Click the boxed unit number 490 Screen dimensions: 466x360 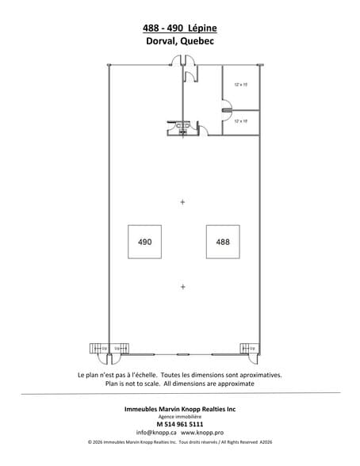click(x=144, y=241)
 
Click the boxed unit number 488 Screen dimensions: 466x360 click(x=223, y=241)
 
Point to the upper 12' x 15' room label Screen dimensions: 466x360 click(x=241, y=83)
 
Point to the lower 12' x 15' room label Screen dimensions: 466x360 click(x=241, y=120)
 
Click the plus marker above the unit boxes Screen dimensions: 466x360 click(x=183, y=202)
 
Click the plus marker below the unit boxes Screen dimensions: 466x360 click(x=183, y=287)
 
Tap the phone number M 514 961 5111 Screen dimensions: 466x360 click(x=179, y=424)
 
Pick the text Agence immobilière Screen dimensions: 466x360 click(x=179, y=416)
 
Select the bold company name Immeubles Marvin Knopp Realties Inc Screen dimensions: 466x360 click(x=179, y=408)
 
